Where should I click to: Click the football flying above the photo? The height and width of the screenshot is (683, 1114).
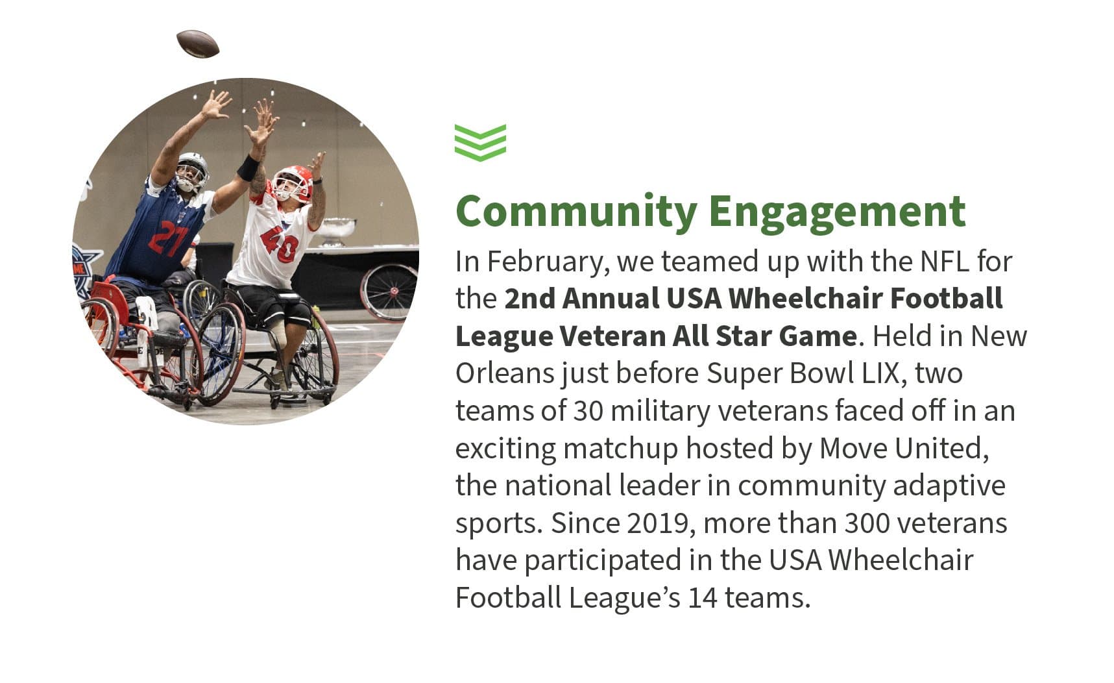[x=198, y=43]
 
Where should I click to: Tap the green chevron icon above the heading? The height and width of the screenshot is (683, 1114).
[x=480, y=142]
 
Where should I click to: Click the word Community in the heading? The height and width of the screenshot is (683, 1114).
[x=576, y=211]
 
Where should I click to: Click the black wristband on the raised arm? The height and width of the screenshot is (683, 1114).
[x=248, y=168]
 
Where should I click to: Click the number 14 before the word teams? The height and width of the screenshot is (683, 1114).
[x=703, y=598]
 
